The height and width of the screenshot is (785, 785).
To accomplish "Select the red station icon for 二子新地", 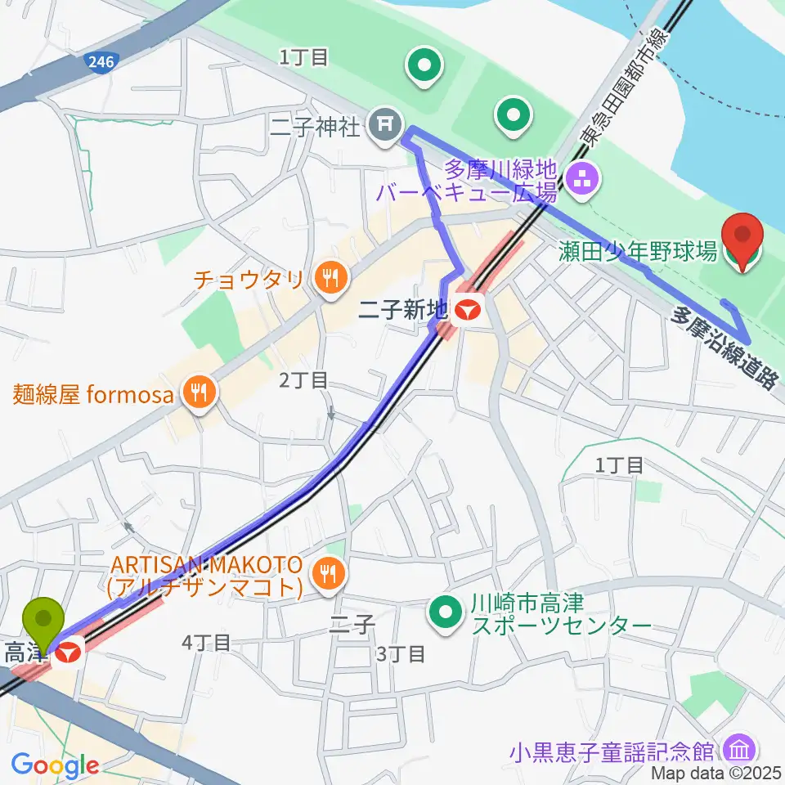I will coord(469,310).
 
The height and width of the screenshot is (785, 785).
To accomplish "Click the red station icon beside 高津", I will coord(70,652).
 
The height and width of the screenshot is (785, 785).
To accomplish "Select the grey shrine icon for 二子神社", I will coord(384,124).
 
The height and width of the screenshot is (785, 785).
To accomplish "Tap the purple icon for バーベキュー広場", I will coord(583,182).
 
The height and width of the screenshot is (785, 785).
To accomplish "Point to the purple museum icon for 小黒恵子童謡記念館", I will coord(741,749).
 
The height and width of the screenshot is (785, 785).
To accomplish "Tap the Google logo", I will coord(55,766).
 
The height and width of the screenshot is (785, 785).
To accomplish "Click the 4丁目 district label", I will coord(203,643).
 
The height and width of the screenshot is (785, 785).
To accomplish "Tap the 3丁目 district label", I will coord(401,653).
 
